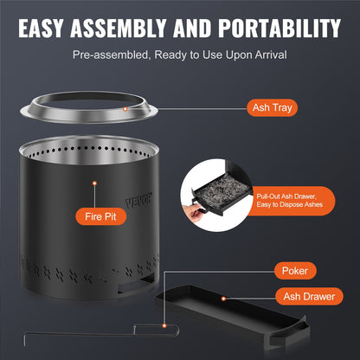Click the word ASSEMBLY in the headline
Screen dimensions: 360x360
(x=132, y=28)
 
